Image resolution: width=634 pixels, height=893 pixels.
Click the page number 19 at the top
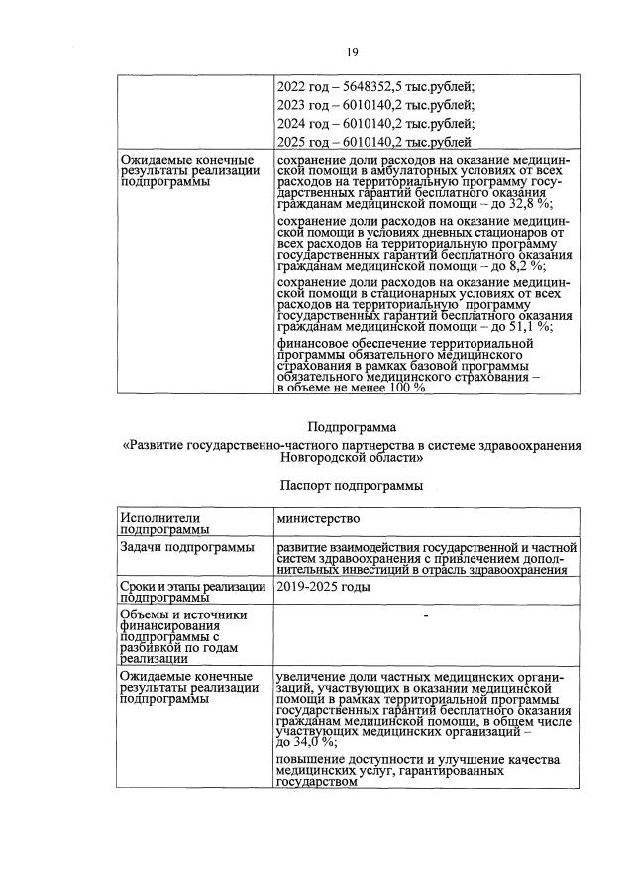[351, 53]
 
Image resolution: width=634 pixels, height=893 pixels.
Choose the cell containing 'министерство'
[318, 518]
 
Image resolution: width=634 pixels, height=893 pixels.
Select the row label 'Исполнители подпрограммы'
[158, 523]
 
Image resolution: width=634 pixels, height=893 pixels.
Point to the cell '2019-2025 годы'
[324, 587]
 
